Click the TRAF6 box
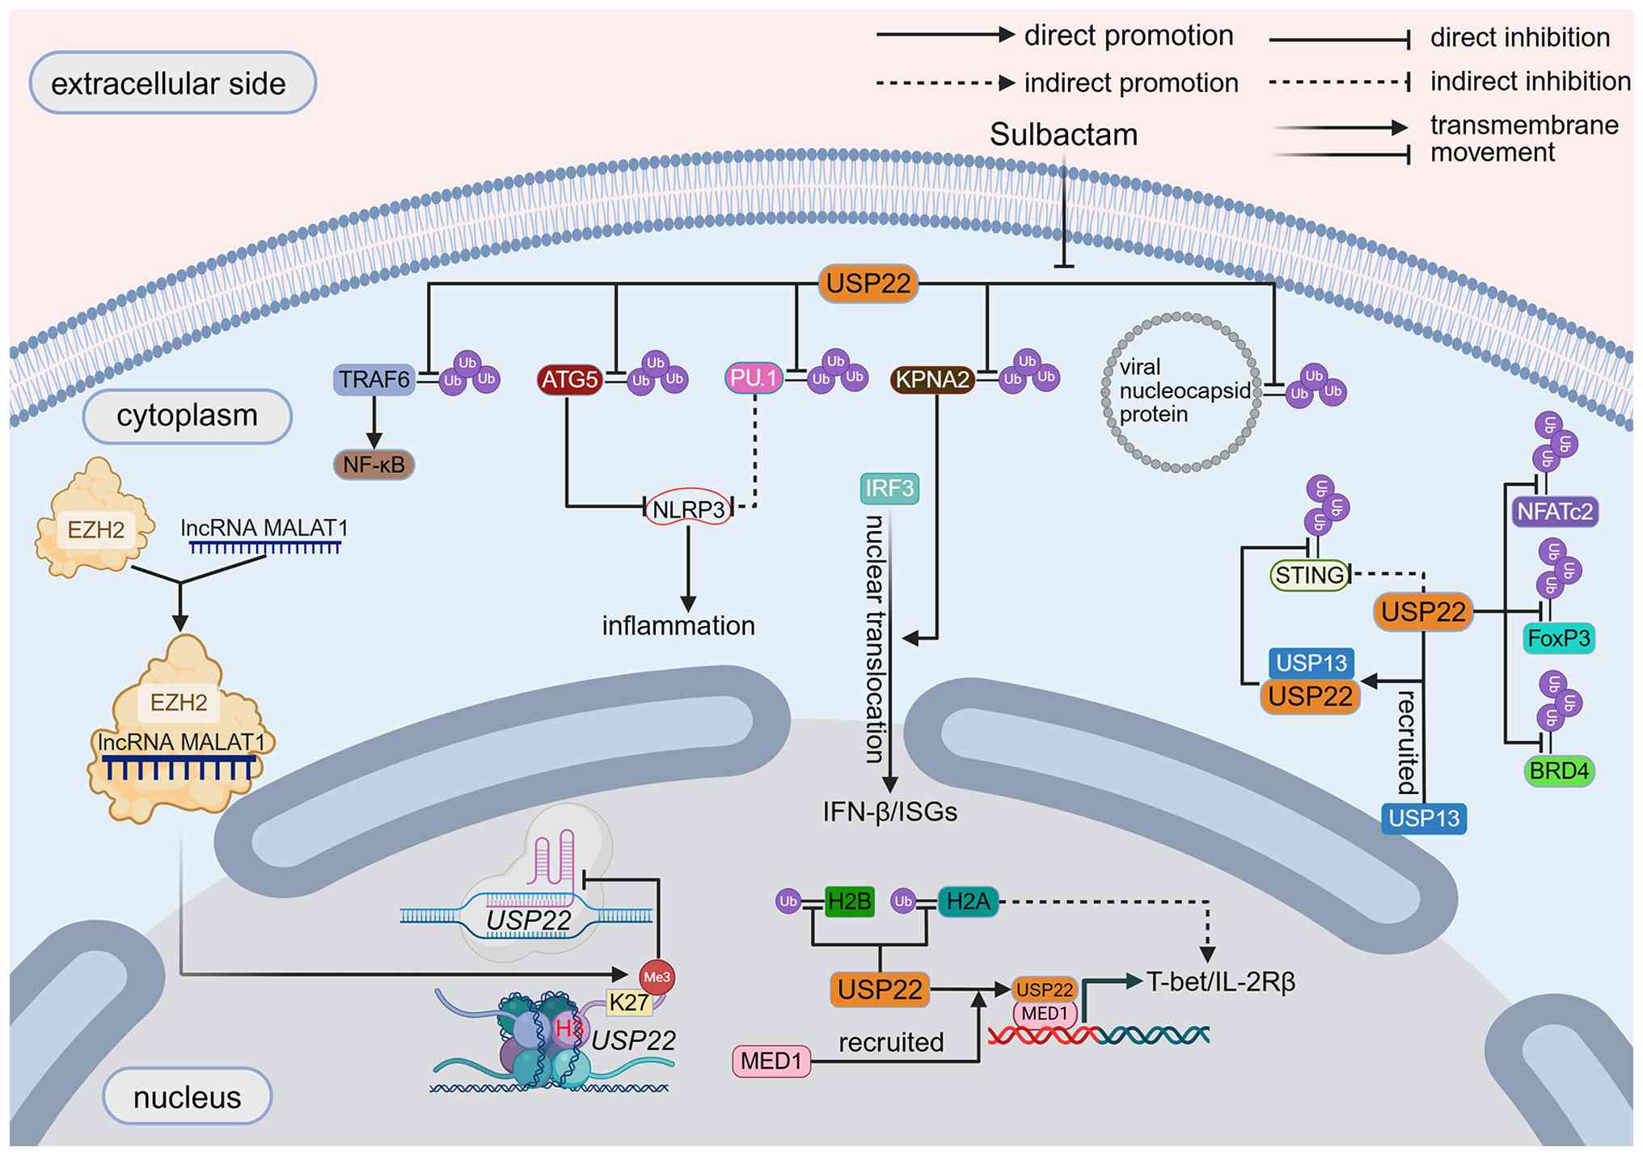coord(374,379)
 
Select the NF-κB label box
coord(374,465)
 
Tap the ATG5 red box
coord(570,379)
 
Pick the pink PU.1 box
coord(754,378)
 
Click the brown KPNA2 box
coord(932,379)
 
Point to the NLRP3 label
coord(688,509)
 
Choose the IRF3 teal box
coord(889,488)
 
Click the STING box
coord(1310,575)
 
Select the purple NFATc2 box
coord(1554,512)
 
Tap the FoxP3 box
coord(1558,639)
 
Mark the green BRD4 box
coord(1559,771)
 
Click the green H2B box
coord(849,901)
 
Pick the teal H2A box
coord(968,901)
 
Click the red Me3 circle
coord(657,977)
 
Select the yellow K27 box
coord(629,1002)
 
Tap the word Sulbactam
coord(1063,134)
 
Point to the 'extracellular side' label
coord(172,83)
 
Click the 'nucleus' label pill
coord(188,1097)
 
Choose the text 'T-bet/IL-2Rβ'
coord(1221,981)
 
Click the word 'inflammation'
coord(678,626)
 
